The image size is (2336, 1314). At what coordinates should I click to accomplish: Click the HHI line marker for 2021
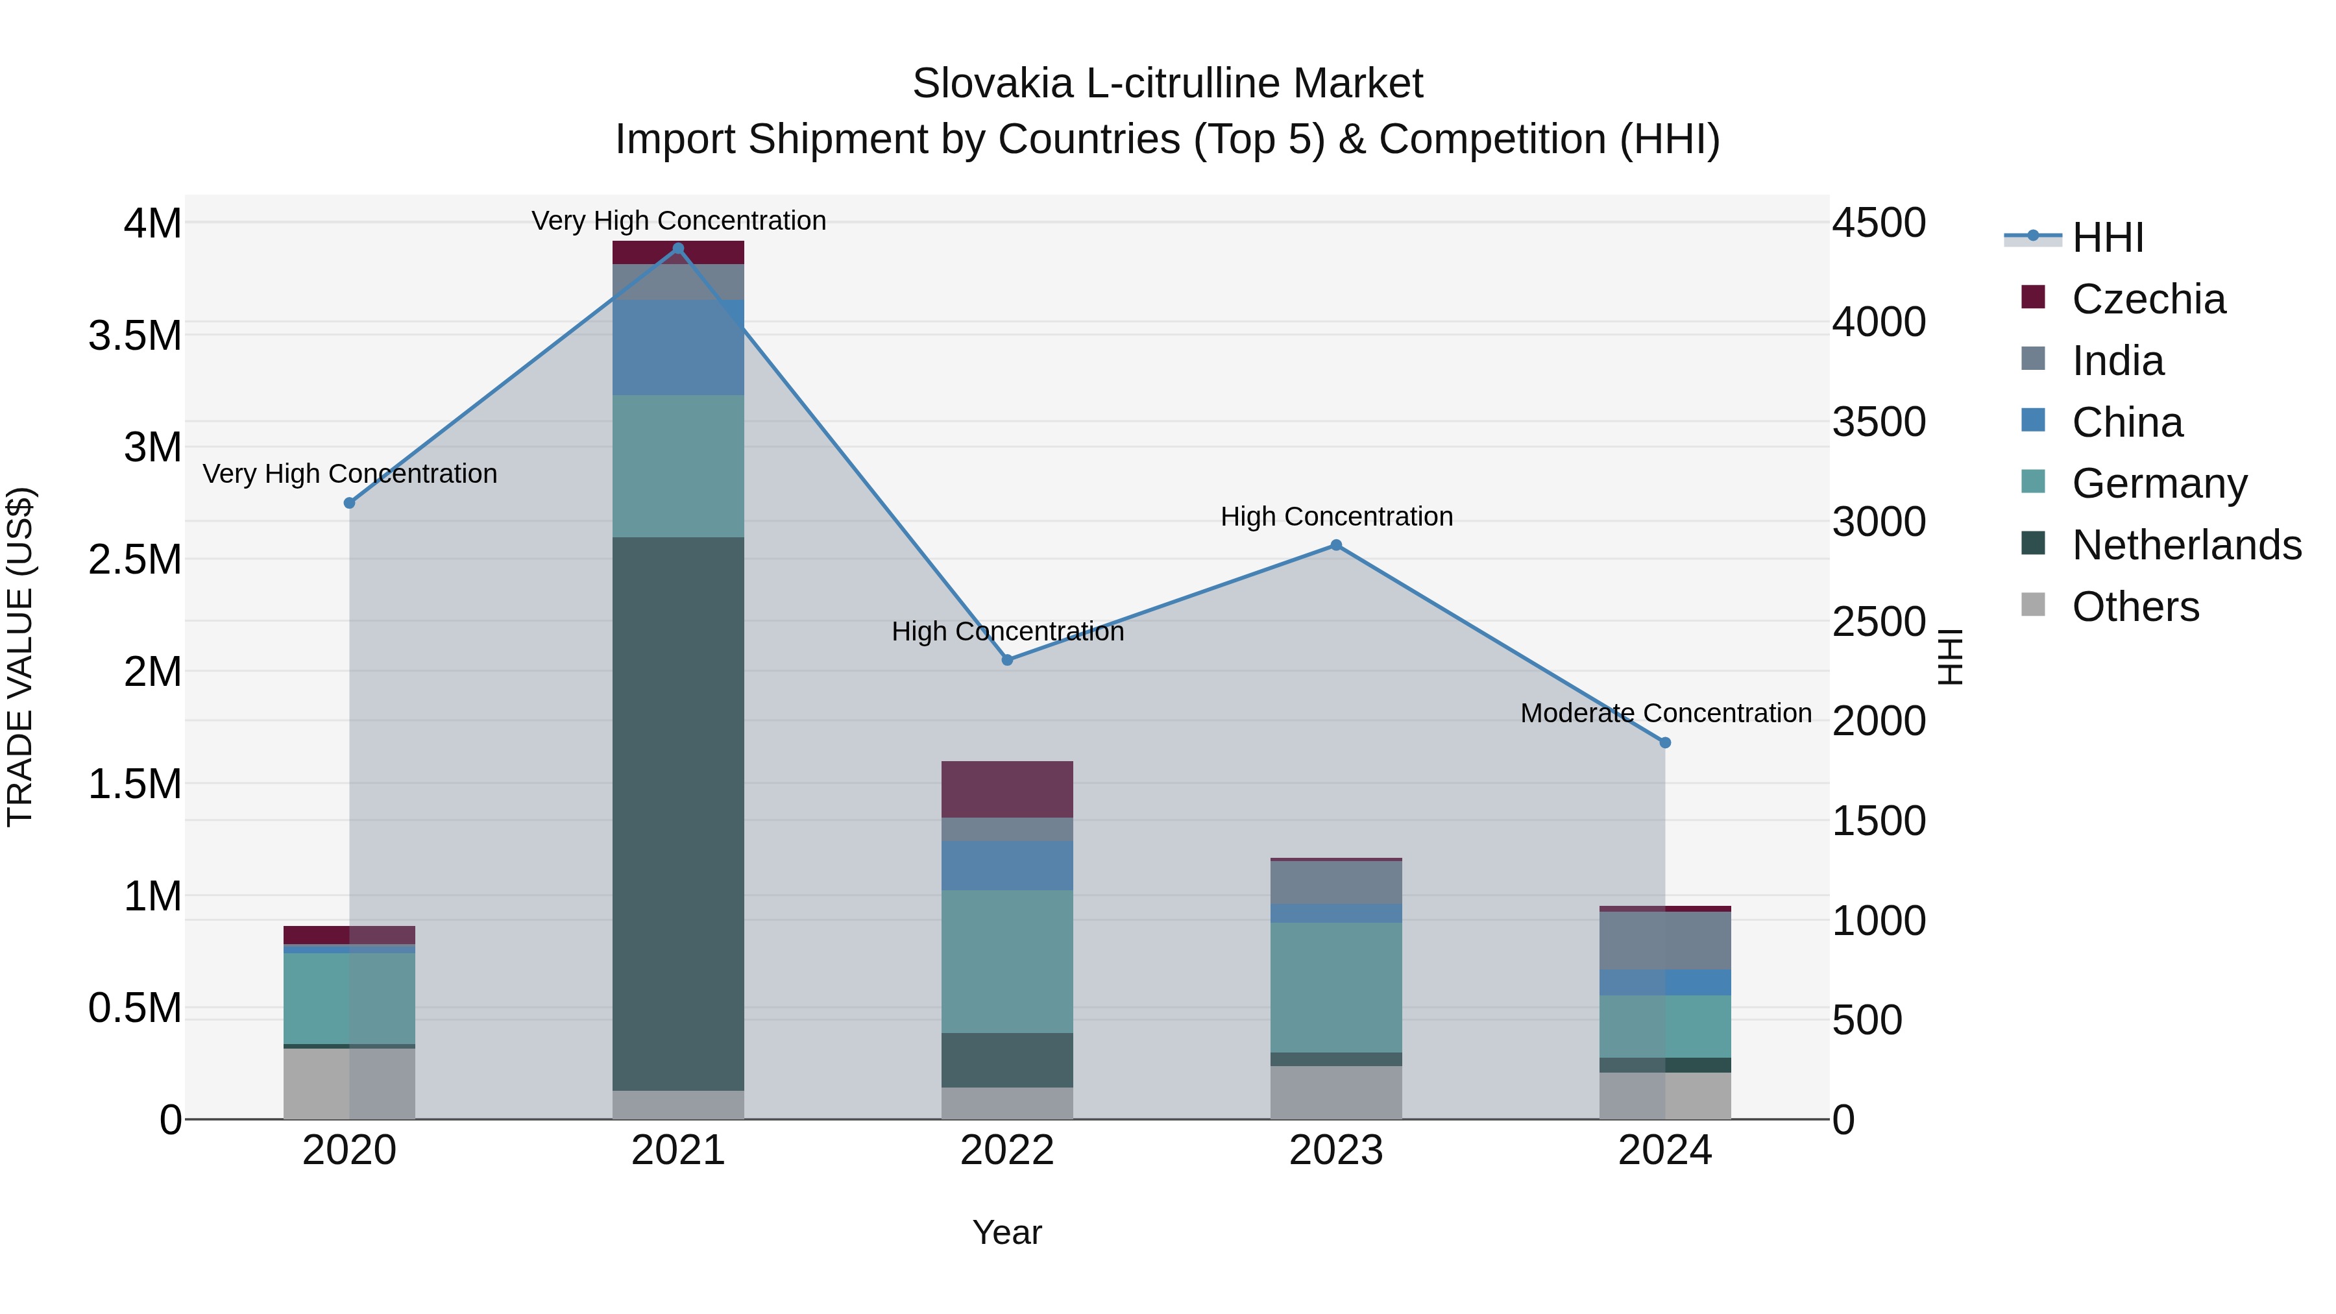[x=677, y=249]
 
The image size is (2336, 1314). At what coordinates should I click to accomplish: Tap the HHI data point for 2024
[x=1665, y=743]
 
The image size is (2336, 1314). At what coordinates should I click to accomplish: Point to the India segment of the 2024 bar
[x=1665, y=940]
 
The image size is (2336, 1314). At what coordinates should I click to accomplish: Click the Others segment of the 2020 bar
[x=349, y=1084]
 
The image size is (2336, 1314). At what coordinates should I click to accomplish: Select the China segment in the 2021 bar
[x=677, y=347]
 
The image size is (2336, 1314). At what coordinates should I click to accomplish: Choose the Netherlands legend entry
[x=2186, y=545]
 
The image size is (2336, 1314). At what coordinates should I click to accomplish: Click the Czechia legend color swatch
[x=2033, y=297]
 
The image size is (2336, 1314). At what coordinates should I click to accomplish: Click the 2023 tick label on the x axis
[x=1336, y=1150]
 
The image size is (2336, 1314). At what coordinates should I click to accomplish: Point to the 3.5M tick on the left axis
[x=135, y=335]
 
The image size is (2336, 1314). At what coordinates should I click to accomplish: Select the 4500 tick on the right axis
[x=1879, y=223]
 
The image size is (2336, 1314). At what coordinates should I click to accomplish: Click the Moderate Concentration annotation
[x=1665, y=714]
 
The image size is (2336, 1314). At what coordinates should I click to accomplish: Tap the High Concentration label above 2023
[x=1336, y=517]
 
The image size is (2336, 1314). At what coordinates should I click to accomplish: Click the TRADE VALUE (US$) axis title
[x=20, y=657]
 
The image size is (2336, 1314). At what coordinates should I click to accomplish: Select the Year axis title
[x=1006, y=1232]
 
